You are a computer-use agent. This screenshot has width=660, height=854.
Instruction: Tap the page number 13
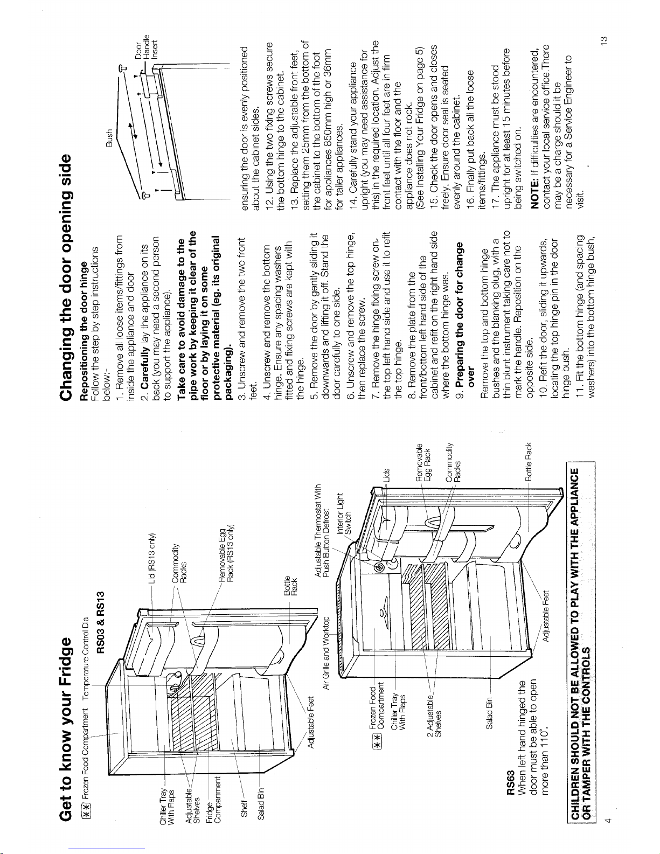coord(605,40)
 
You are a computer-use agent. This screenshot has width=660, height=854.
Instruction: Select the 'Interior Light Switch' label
coord(344,513)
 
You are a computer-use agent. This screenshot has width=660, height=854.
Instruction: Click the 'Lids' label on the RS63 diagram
coord(387,475)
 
